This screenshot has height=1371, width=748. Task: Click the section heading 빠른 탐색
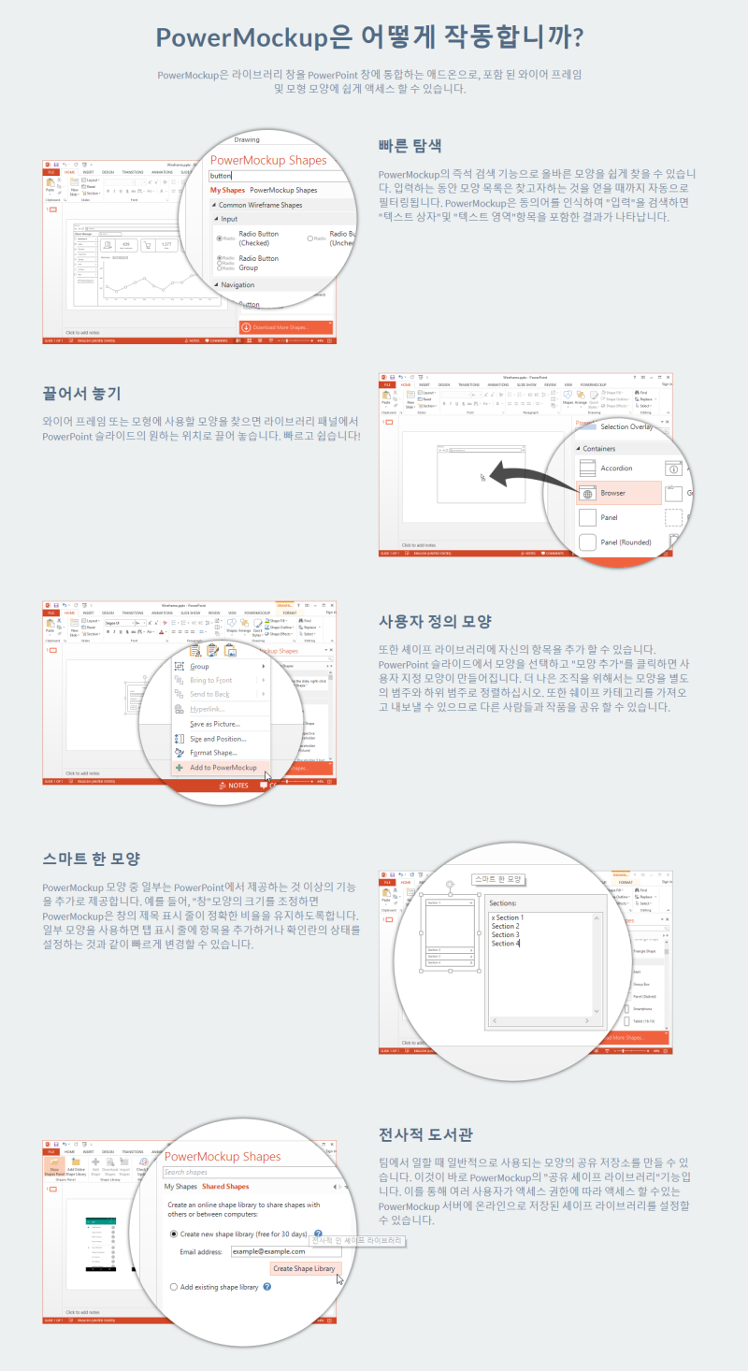[x=410, y=146]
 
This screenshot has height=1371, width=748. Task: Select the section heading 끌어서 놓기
[x=81, y=393]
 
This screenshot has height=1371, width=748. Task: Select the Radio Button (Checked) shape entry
[x=258, y=238]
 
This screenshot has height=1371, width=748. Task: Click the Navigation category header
[x=237, y=284]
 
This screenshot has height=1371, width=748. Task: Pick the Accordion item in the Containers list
[x=616, y=468]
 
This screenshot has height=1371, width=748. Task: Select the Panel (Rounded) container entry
[x=625, y=541]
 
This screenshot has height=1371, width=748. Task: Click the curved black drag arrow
[x=529, y=471]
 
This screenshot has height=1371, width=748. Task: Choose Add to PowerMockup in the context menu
[x=223, y=767]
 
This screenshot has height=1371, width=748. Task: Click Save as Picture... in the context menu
[x=215, y=724]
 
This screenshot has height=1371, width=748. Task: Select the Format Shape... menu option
[x=213, y=752]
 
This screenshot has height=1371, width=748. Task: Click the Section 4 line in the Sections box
[x=506, y=944]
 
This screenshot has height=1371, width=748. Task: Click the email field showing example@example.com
[x=286, y=1250]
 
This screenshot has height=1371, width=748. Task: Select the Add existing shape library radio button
[x=174, y=1287]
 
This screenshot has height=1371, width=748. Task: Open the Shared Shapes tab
[x=225, y=1187]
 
